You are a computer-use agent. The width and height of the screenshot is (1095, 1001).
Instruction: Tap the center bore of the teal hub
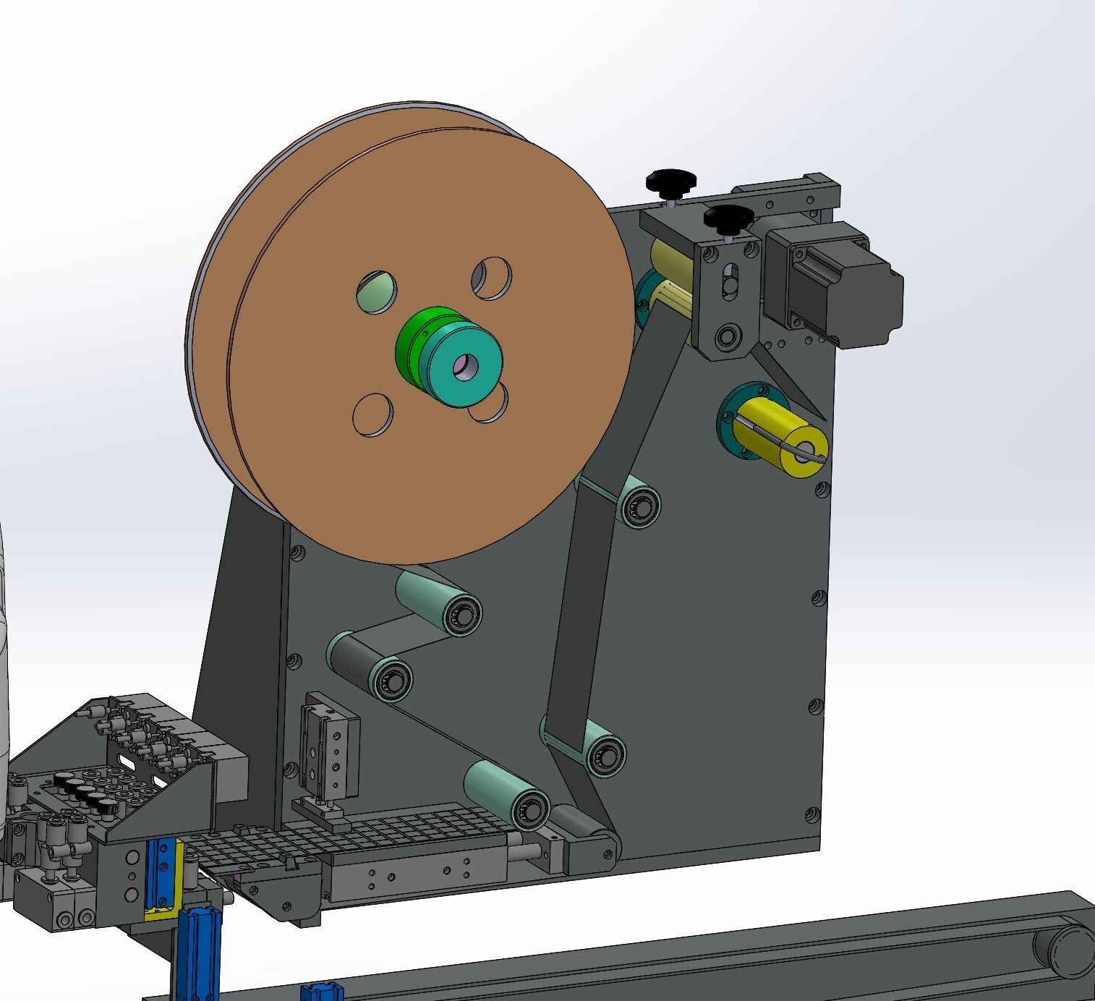[x=463, y=367]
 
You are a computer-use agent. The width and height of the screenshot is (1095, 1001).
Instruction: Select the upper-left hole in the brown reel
[x=377, y=292]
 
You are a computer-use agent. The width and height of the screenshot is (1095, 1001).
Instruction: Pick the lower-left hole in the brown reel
[x=372, y=415]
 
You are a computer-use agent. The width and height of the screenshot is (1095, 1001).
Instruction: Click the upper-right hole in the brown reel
[x=493, y=278]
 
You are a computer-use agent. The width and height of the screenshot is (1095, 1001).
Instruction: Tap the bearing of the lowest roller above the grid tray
[x=531, y=806]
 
